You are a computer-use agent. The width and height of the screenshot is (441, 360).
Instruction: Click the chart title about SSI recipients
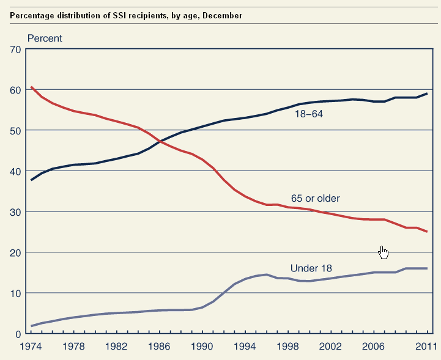point(126,15)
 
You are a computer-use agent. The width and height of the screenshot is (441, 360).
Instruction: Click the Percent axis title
point(45,39)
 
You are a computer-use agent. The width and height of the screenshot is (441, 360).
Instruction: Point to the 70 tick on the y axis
point(15,49)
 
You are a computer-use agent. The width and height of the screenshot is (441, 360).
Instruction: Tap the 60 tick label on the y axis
point(15,90)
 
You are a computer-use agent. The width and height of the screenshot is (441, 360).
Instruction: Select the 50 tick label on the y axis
point(15,130)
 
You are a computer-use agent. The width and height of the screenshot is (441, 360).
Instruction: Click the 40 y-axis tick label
point(15,171)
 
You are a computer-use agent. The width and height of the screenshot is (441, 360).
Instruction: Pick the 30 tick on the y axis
point(15,211)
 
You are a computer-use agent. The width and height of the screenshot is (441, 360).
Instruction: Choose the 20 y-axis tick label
point(15,252)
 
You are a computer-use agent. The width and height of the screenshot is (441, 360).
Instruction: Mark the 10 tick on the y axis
point(15,293)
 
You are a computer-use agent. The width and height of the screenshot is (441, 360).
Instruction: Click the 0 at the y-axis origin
point(18,334)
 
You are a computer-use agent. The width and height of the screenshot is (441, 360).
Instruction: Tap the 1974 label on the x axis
point(31,347)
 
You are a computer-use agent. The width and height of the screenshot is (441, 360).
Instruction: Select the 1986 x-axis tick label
point(159,347)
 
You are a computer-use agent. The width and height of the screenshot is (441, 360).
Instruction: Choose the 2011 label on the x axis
point(425,347)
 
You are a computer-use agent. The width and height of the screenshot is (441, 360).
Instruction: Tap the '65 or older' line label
point(315,199)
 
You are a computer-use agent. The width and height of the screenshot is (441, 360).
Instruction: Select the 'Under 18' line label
point(311,268)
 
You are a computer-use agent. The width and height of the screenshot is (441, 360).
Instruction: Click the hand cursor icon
point(384,252)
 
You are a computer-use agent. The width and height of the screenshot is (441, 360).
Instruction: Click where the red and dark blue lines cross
point(161,141)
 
